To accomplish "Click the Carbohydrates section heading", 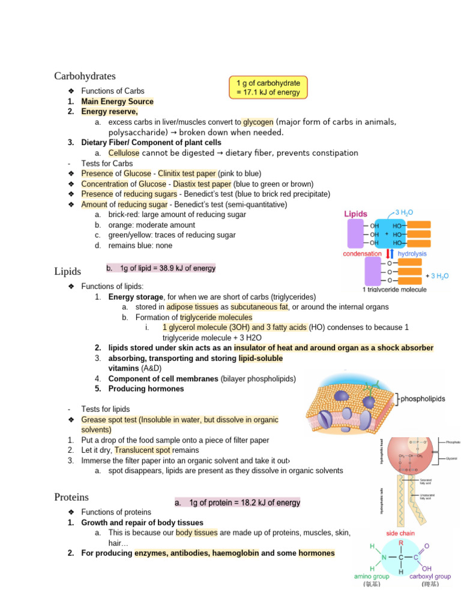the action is (x=85, y=76).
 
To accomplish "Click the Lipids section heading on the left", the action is (x=67, y=272).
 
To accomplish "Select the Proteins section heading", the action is (x=71, y=497).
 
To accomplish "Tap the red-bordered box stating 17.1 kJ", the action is (x=268, y=87).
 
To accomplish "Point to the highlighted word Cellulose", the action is (x=124, y=153).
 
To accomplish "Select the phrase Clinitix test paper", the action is (x=187, y=173).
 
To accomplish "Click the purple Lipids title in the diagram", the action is (x=357, y=213).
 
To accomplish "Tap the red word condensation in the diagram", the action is (x=362, y=254).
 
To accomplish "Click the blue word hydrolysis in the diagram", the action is (x=412, y=254).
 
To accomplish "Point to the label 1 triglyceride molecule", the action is (x=394, y=290).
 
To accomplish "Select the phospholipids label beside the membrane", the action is (x=423, y=399).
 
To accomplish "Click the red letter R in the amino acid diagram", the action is (x=400, y=542).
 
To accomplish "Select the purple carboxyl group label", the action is (x=430, y=576).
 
